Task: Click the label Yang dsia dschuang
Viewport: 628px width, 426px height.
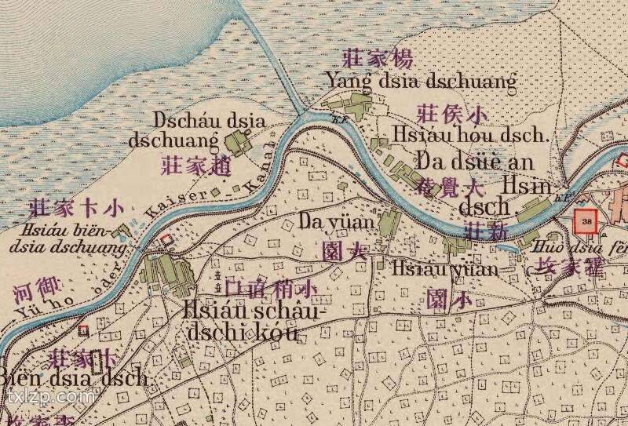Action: coord(422,81)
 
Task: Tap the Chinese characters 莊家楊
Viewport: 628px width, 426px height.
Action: coord(378,57)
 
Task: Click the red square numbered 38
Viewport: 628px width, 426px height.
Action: coord(587,221)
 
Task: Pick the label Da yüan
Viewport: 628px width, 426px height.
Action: coord(336,222)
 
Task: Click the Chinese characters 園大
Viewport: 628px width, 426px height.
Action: coord(345,251)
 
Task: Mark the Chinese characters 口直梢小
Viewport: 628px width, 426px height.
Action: coord(270,289)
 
